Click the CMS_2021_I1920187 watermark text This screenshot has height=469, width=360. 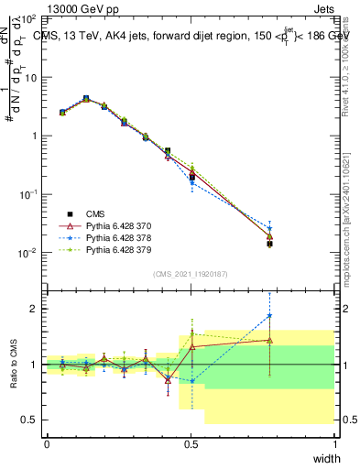pyautogui.click(x=191, y=274)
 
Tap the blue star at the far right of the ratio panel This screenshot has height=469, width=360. pyautogui.click(x=269, y=316)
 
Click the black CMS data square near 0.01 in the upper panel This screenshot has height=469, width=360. pyautogui.click(x=269, y=244)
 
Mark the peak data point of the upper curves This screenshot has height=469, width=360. pyautogui.click(x=85, y=98)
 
